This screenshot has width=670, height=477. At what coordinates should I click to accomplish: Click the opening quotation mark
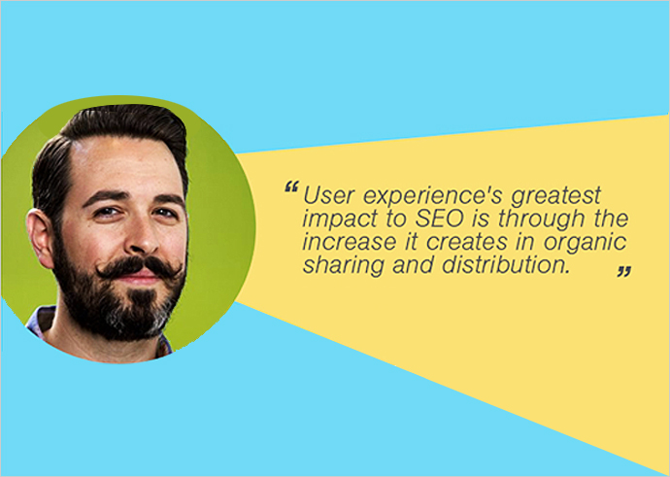pos(291,187)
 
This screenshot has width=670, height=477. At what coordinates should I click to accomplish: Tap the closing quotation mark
pos(624,271)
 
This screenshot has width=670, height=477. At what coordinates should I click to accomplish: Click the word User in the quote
pos(328,195)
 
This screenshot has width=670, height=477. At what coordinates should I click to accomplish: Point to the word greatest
pos(556,196)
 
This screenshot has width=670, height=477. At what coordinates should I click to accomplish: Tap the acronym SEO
pos(440,219)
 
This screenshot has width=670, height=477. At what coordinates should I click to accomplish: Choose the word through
pos(542,220)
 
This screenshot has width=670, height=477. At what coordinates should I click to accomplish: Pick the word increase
pos(350,242)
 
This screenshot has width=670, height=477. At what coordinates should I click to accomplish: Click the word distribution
pos(506,265)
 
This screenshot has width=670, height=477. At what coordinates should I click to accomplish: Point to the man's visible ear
pos(40,238)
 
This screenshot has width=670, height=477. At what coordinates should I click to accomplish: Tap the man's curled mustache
pos(140,267)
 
